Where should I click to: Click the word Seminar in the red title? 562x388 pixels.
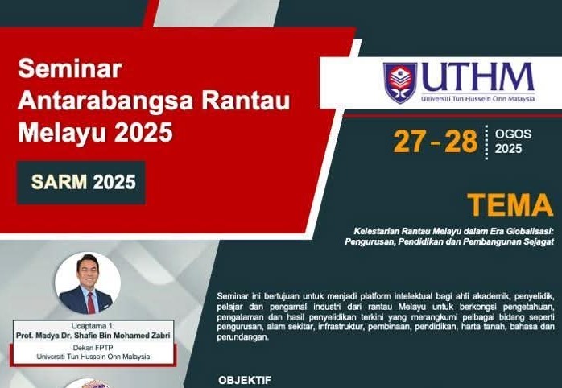(70, 68)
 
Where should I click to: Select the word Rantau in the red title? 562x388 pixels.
(246, 101)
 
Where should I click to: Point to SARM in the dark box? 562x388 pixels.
(59, 182)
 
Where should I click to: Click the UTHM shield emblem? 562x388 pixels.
(400, 83)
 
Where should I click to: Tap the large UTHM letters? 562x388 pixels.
(477, 77)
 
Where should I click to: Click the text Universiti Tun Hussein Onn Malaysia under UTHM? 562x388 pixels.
(477, 98)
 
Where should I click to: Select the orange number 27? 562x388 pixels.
(410, 142)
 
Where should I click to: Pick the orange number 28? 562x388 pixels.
(461, 142)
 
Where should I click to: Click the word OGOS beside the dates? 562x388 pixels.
(513, 134)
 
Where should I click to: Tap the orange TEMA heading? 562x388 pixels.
(510, 205)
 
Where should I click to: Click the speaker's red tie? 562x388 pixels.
(91, 303)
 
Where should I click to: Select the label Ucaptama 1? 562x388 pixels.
(93, 326)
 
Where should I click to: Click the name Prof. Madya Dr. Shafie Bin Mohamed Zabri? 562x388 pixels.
(93, 336)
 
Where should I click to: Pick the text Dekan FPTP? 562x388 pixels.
(93, 348)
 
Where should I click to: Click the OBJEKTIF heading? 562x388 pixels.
(245, 380)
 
